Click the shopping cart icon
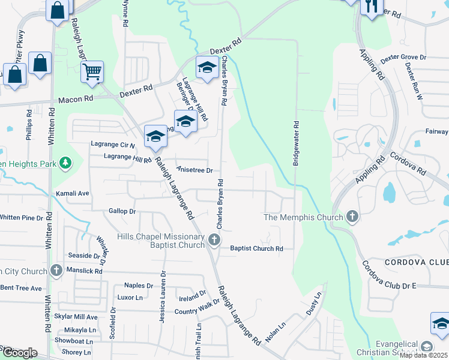[x=92, y=73]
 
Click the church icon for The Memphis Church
[x=352, y=216]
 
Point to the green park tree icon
[x=66, y=163]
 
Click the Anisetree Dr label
[x=194, y=170]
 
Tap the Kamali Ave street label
[x=72, y=194]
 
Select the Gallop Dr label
[x=122, y=211]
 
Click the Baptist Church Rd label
[x=256, y=248]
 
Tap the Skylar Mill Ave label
[x=76, y=317]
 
